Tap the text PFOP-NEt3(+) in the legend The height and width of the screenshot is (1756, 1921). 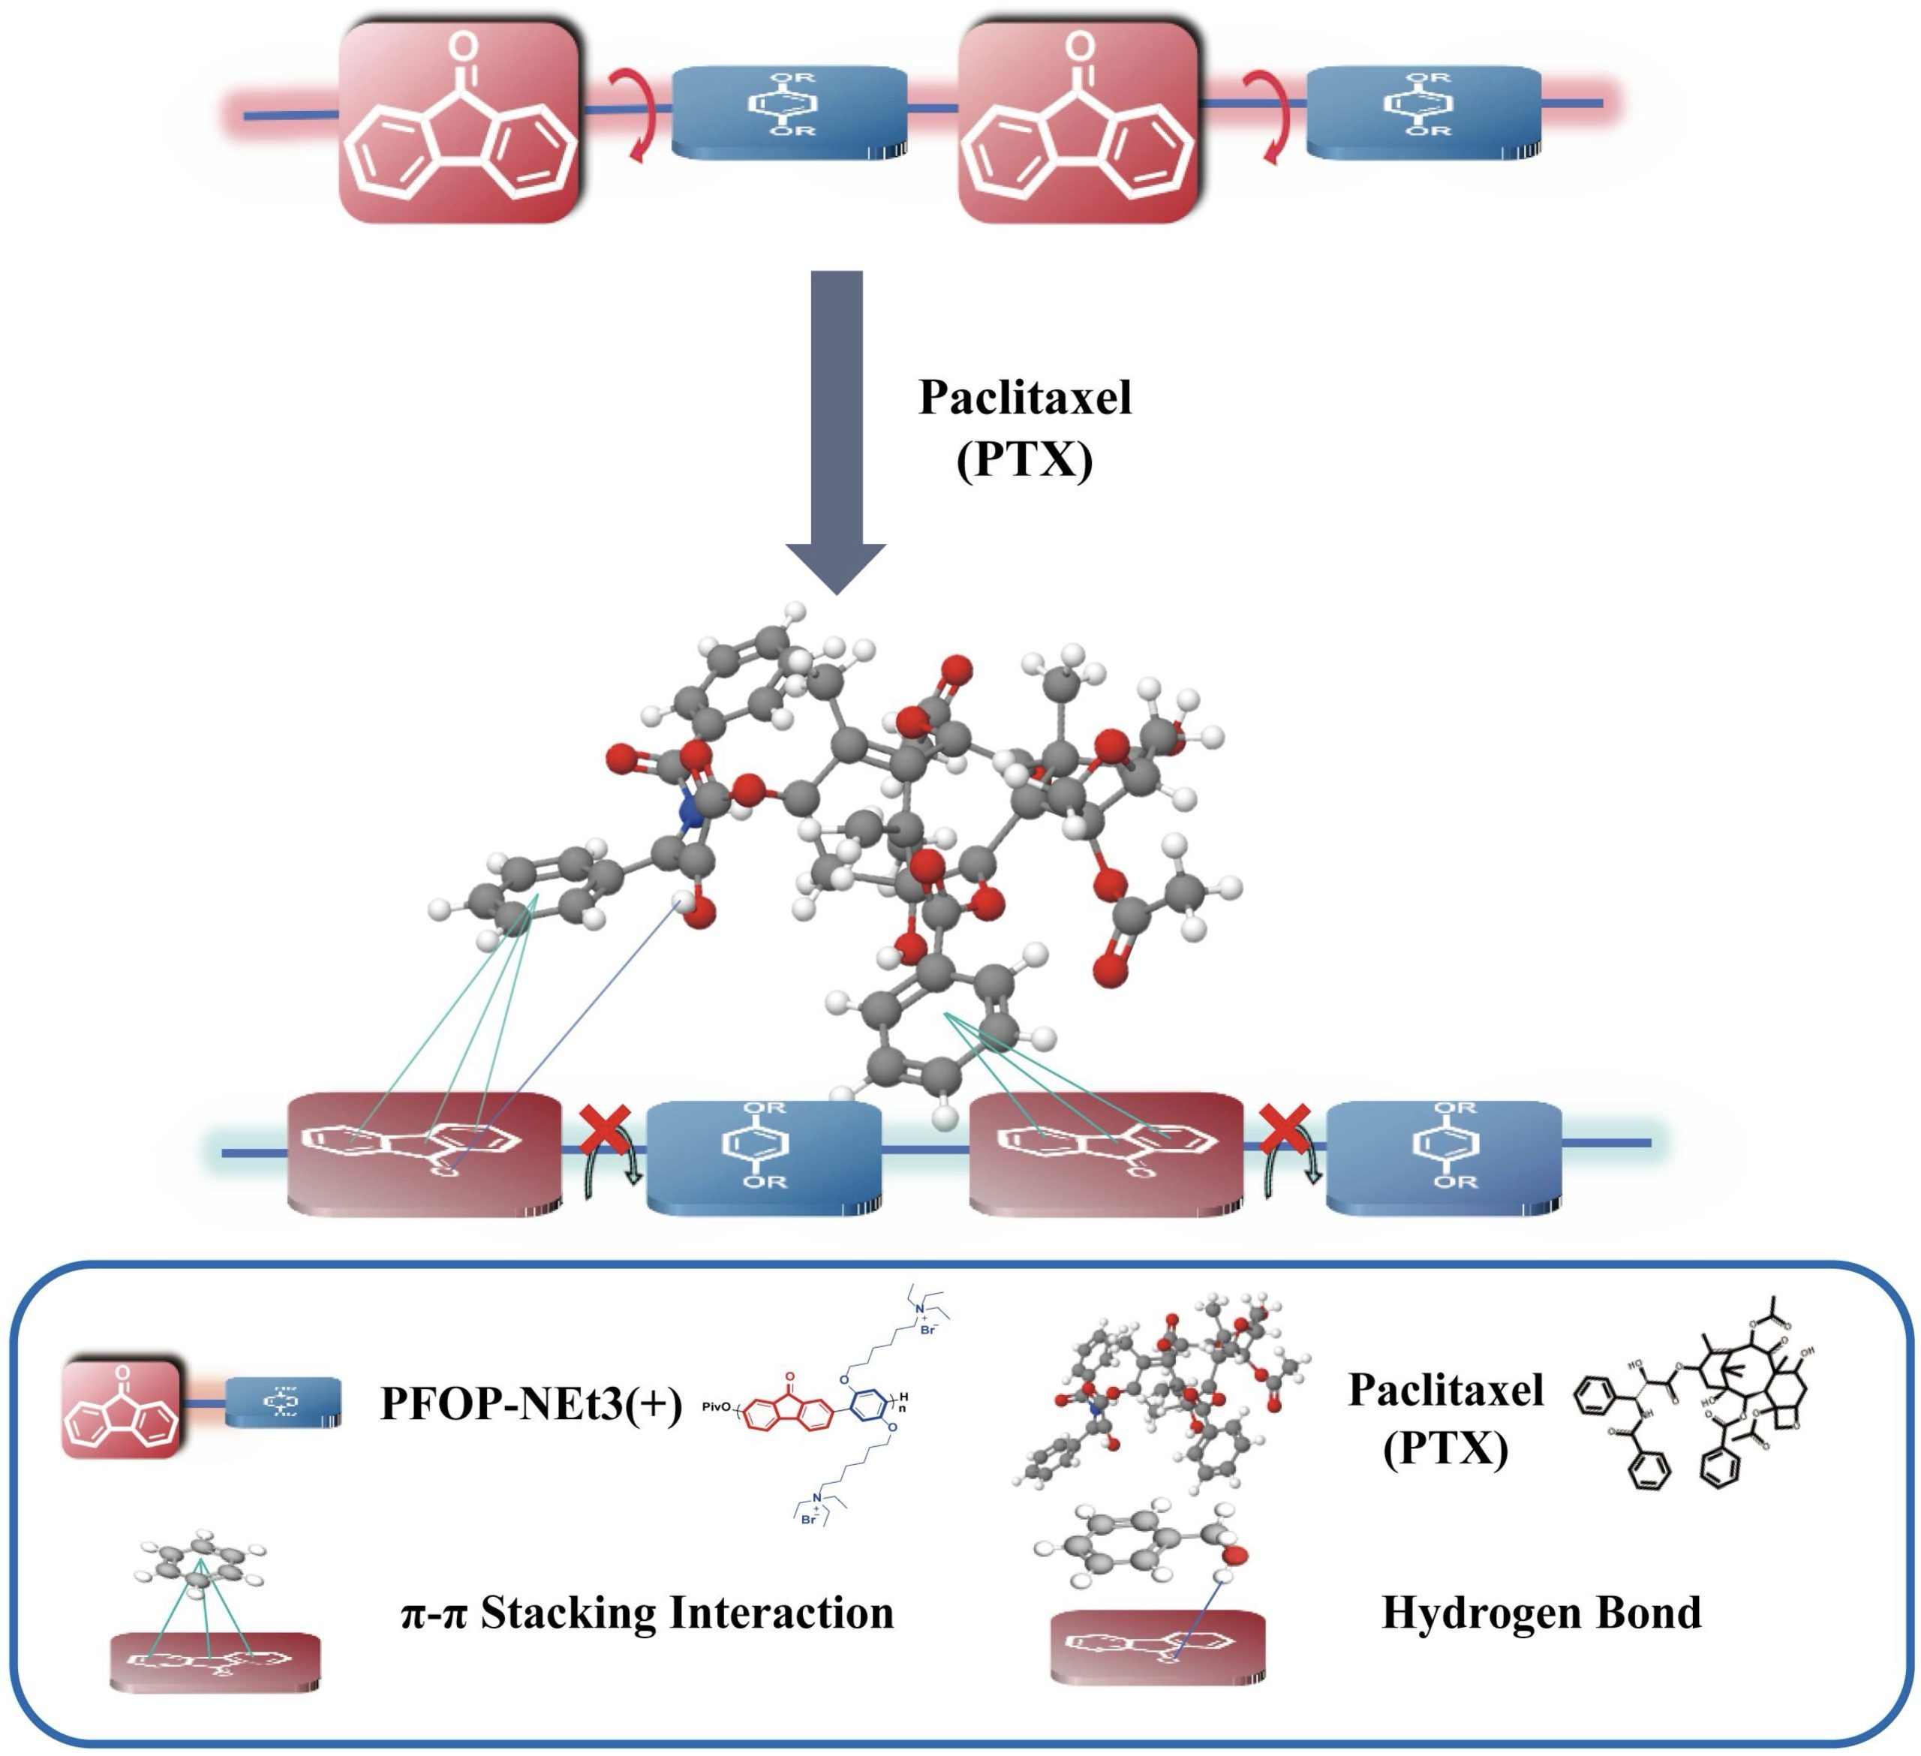point(531,1403)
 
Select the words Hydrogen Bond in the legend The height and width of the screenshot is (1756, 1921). point(1541,1612)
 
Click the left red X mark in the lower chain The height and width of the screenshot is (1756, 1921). point(605,1129)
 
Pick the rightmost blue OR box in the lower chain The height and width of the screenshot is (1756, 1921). point(1444,1155)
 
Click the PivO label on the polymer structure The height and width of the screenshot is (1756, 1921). point(717,1406)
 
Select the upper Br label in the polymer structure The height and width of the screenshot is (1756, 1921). point(927,1329)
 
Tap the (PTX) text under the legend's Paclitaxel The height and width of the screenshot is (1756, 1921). point(1445,1450)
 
